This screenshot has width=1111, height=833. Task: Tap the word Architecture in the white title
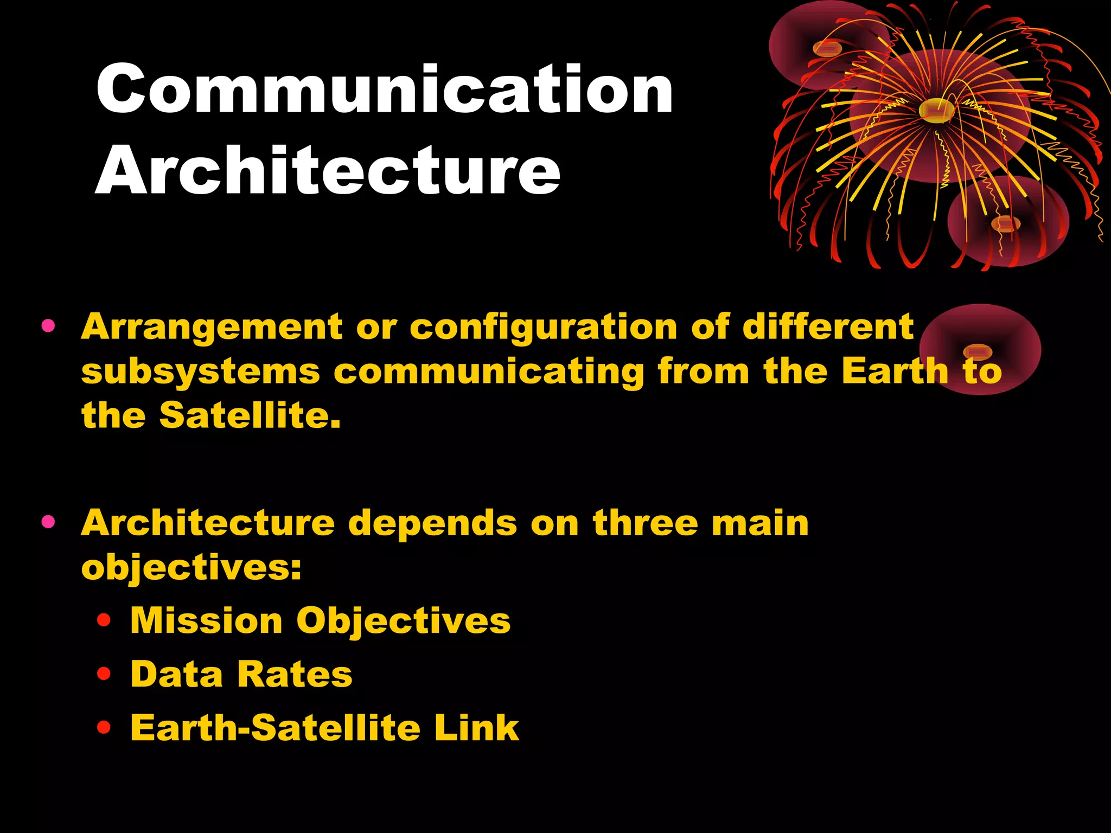[328, 171]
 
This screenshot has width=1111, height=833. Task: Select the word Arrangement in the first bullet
[212, 327]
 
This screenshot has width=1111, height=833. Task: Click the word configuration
[543, 328]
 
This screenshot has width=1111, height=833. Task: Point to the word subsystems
[201, 372]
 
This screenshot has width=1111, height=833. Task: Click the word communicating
[488, 373]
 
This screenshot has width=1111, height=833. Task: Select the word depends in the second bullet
[432, 523]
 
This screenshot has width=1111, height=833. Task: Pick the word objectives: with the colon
[191, 569]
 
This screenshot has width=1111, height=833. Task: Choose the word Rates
[295, 674]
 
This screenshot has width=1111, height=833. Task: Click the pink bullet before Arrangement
[48, 326]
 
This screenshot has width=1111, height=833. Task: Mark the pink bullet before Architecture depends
[48, 522]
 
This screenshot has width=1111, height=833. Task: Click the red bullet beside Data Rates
[104, 674]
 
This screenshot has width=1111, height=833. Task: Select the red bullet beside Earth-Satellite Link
[104, 727]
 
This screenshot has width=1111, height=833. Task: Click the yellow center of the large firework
[936, 111]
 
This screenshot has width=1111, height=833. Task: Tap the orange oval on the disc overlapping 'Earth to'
[977, 352]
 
